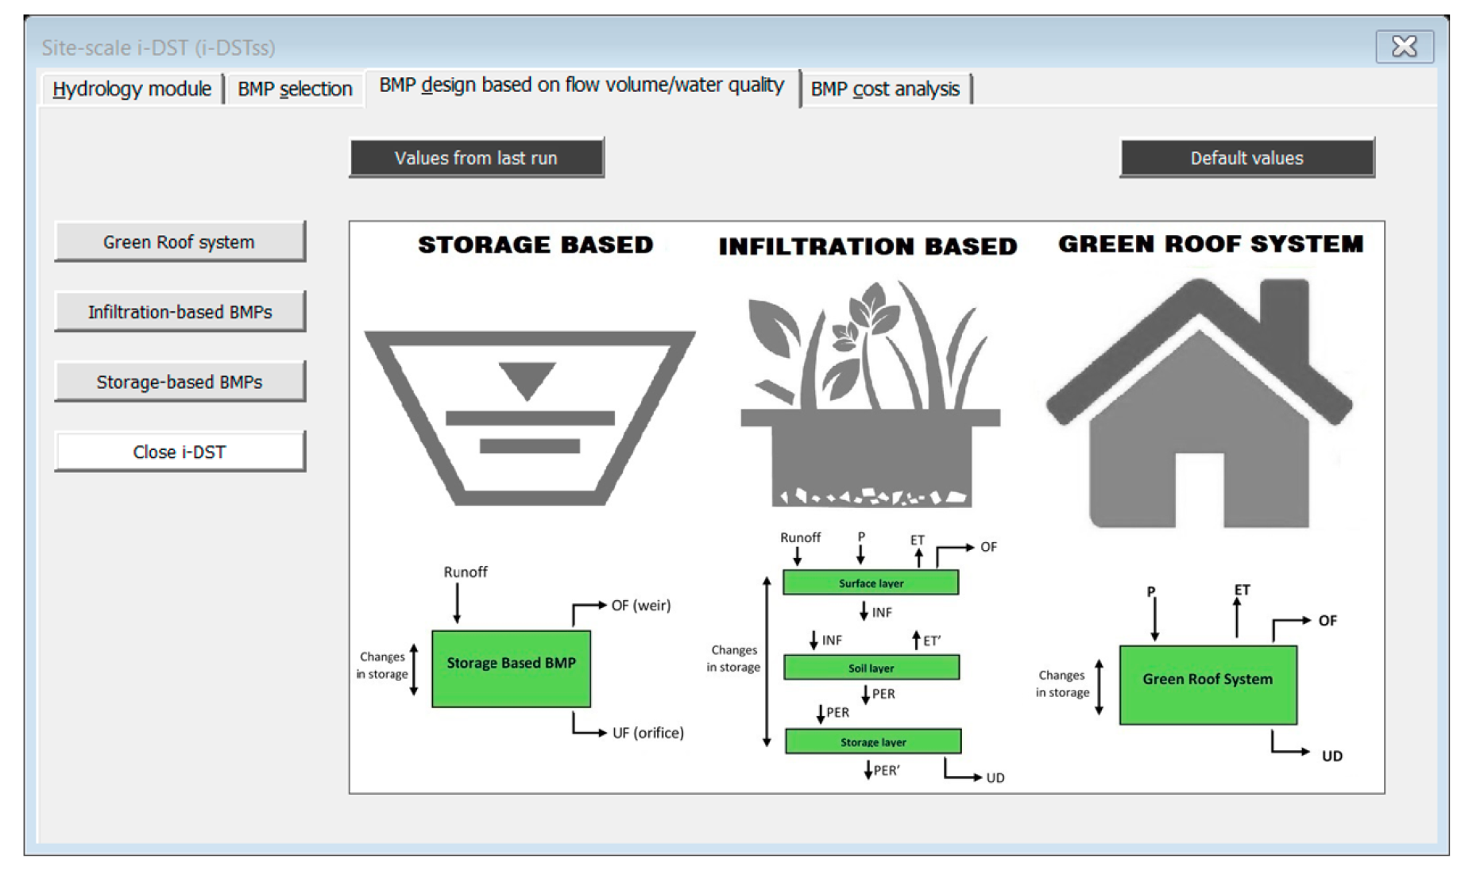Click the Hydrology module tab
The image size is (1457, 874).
click(x=132, y=89)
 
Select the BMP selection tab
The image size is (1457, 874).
click(x=295, y=89)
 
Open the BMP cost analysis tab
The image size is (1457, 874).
click(x=885, y=89)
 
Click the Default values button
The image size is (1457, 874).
click(x=1246, y=158)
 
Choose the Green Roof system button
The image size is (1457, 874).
click(x=180, y=242)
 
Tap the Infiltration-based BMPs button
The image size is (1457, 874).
click(x=180, y=312)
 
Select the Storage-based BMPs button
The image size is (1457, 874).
click(x=180, y=382)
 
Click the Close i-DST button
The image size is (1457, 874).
click(x=180, y=452)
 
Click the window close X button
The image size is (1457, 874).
click(x=1405, y=47)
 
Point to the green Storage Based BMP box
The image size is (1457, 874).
click(x=511, y=668)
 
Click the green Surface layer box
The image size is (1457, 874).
click(x=871, y=583)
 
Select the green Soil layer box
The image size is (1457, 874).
click(x=871, y=668)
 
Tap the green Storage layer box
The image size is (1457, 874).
click(x=873, y=741)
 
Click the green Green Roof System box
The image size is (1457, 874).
click(x=1208, y=684)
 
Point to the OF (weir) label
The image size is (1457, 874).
click(x=641, y=606)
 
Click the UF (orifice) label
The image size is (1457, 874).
click(x=648, y=733)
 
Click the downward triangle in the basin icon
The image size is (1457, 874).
click(x=528, y=379)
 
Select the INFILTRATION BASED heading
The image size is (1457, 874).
click(x=868, y=247)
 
